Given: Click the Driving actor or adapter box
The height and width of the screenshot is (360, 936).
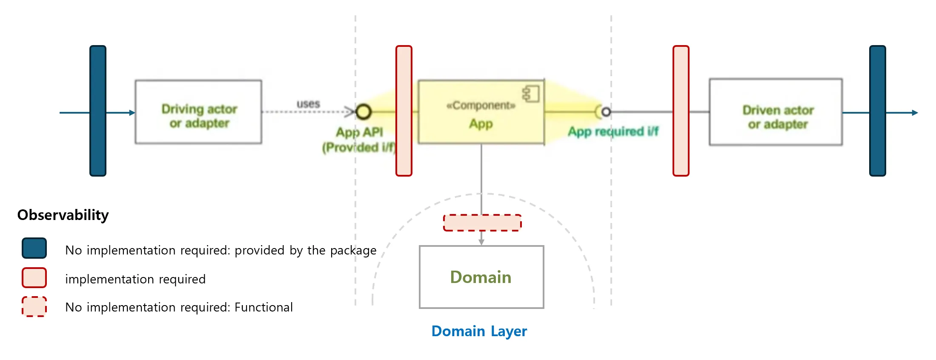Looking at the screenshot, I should (198, 112).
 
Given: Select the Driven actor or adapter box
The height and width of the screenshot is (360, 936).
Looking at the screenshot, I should (776, 112).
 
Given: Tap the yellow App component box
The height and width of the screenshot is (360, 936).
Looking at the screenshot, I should (481, 112).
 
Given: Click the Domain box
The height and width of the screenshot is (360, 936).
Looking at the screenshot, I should (481, 277).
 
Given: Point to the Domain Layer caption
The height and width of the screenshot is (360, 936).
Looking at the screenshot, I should (479, 331).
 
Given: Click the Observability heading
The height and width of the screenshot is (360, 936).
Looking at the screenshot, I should (63, 215).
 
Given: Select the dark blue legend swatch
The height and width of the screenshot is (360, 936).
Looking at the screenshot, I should (34, 248).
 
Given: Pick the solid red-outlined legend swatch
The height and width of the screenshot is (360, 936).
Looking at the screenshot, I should (34, 278).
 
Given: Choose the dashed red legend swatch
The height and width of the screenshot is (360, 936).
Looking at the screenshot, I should (34, 307).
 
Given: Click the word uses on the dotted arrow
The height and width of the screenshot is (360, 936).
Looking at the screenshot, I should (308, 104).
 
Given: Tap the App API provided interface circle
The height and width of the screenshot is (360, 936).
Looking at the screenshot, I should (364, 112).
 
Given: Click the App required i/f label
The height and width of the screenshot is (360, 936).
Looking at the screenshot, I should (613, 131).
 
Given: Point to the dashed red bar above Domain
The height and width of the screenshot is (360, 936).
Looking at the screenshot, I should (482, 223).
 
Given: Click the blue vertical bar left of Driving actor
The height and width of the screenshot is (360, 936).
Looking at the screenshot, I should (98, 111).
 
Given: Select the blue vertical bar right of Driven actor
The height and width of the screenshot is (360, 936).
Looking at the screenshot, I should (877, 111).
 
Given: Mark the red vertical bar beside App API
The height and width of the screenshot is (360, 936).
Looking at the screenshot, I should (404, 111).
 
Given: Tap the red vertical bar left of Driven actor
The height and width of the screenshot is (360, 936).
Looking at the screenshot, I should (681, 111).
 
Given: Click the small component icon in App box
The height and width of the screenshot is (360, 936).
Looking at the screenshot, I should (531, 94).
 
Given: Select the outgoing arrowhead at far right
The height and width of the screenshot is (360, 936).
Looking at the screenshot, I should (915, 113).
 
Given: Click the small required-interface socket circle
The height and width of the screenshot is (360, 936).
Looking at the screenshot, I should (606, 112).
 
